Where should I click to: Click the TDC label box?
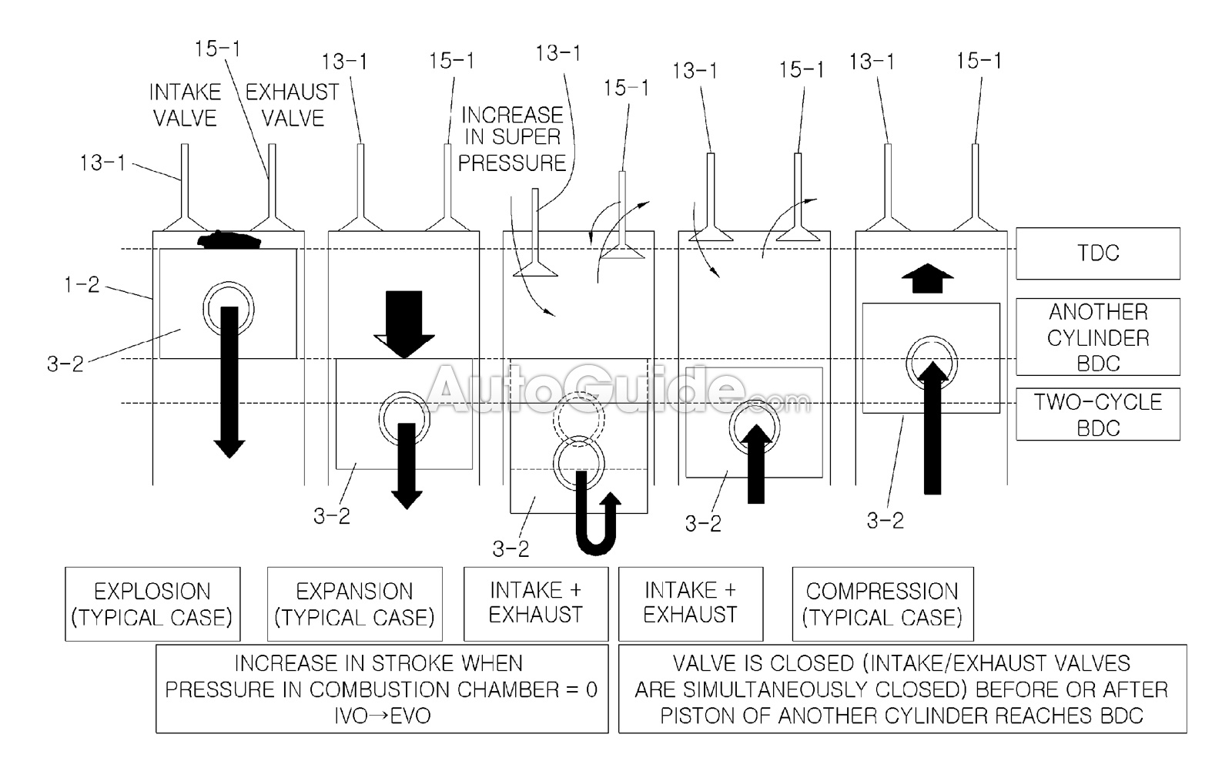point(1097,253)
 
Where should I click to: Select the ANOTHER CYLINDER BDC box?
point(1097,337)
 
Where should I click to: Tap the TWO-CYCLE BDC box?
point(1097,414)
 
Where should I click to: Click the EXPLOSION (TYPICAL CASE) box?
point(152,604)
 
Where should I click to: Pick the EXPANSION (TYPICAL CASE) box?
point(354,604)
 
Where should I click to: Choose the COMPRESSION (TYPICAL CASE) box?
point(882,604)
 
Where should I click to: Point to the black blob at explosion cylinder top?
point(229,240)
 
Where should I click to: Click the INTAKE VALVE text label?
point(185,105)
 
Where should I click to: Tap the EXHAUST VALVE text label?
point(293,105)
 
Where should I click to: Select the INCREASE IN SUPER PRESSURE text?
point(513,139)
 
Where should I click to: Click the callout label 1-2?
point(82,285)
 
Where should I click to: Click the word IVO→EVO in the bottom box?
point(382,715)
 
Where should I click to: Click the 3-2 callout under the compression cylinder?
point(885,521)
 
